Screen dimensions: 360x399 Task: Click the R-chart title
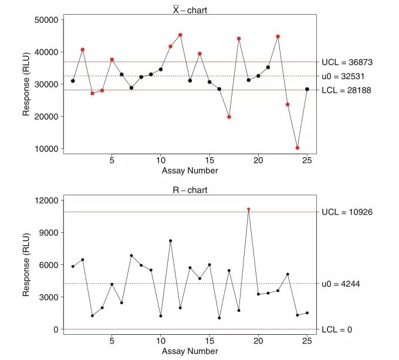point(190,190)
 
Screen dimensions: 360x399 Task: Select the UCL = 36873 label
point(347,62)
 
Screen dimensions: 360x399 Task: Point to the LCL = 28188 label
point(346,90)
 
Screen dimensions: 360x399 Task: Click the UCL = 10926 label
point(347,212)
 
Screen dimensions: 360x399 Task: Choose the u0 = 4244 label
point(341,284)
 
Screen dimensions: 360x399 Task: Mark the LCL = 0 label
point(337,330)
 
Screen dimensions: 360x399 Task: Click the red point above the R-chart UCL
point(249,209)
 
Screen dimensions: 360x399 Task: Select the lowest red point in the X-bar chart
point(297,148)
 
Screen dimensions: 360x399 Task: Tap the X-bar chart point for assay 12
point(180,35)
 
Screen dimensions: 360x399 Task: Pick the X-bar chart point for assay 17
point(229,117)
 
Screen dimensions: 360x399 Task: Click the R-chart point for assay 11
point(170,241)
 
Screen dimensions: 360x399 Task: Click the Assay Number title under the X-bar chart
point(190,171)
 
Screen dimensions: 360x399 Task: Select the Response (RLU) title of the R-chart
point(27,264)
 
